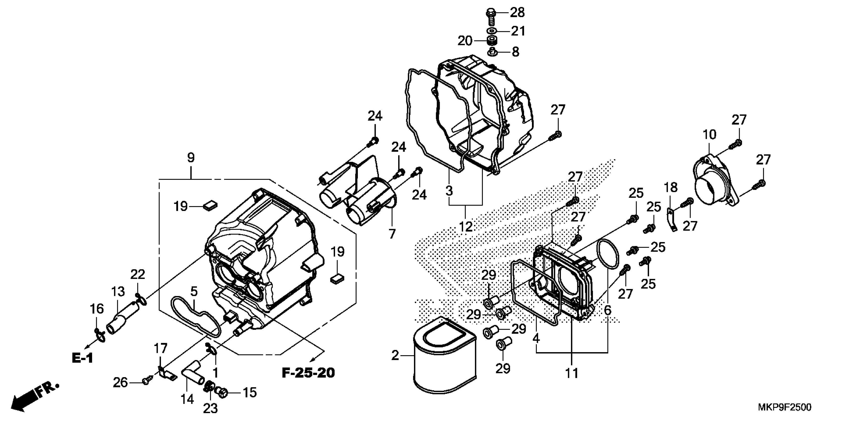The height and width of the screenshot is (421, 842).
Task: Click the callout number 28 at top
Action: pyautogui.click(x=517, y=13)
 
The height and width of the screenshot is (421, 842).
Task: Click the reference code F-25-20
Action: pyautogui.click(x=308, y=373)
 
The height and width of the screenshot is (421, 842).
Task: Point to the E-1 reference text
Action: pyautogui.click(x=82, y=358)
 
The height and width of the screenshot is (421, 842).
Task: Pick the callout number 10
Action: pyautogui.click(x=710, y=134)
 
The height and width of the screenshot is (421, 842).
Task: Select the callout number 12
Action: pyautogui.click(x=466, y=227)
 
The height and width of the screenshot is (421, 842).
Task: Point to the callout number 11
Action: pyautogui.click(x=572, y=373)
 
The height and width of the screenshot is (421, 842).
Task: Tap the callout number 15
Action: pyautogui.click(x=250, y=393)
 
